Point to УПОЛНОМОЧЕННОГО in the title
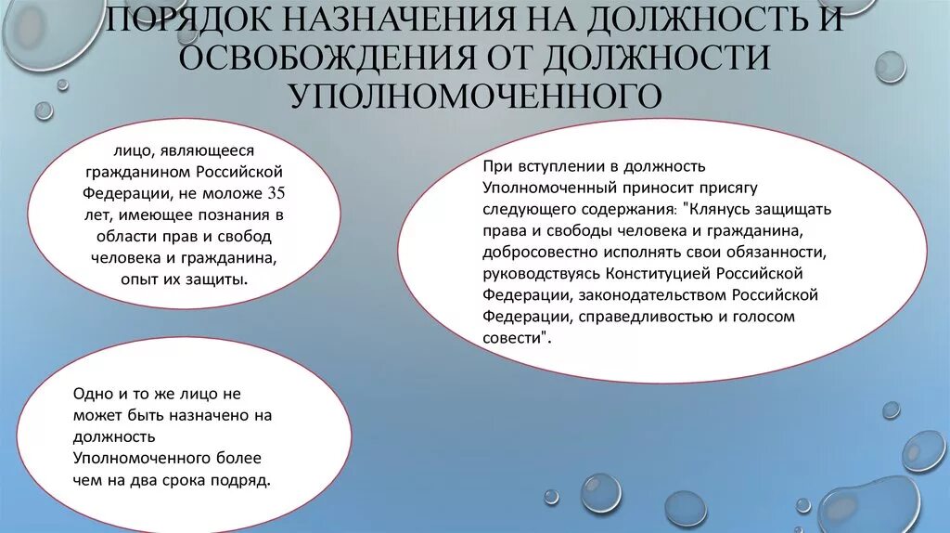pos(474,95)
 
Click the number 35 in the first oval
pos(276,193)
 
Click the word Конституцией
pos(668,274)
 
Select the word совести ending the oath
pos(510,338)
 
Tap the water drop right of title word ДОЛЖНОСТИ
pos(890,67)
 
